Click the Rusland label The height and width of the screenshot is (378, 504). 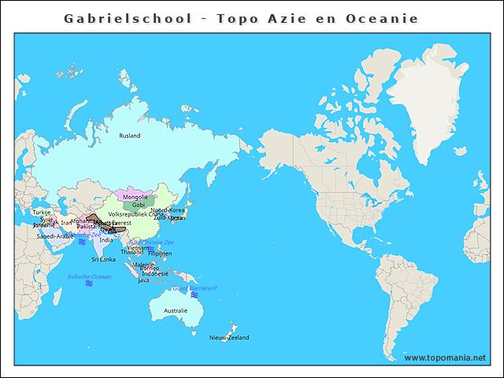pyautogui.click(x=130, y=136)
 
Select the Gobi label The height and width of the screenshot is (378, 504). pyautogui.click(x=139, y=206)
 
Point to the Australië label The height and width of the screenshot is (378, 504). pyautogui.click(x=175, y=311)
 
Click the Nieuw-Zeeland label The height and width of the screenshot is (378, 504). pyautogui.click(x=229, y=338)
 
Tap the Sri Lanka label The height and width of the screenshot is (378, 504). pyautogui.click(x=103, y=259)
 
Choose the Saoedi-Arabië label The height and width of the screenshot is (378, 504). pyautogui.click(x=55, y=236)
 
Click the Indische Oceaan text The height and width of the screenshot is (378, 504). pyautogui.click(x=90, y=276)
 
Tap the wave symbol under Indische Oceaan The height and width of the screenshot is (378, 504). pyautogui.click(x=89, y=284)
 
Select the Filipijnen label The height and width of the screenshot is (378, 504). pyautogui.click(x=160, y=254)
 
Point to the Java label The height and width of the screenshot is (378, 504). pyautogui.click(x=143, y=280)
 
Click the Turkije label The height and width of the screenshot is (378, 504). pyautogui.click(x=42, y=213)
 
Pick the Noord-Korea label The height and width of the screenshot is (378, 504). pyautogui.click(x=167, y=210)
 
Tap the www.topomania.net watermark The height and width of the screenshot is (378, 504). pyautogui.click(x=445, y=358)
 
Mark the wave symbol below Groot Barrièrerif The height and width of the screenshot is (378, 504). pyautogui.click(x=194, y=295)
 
